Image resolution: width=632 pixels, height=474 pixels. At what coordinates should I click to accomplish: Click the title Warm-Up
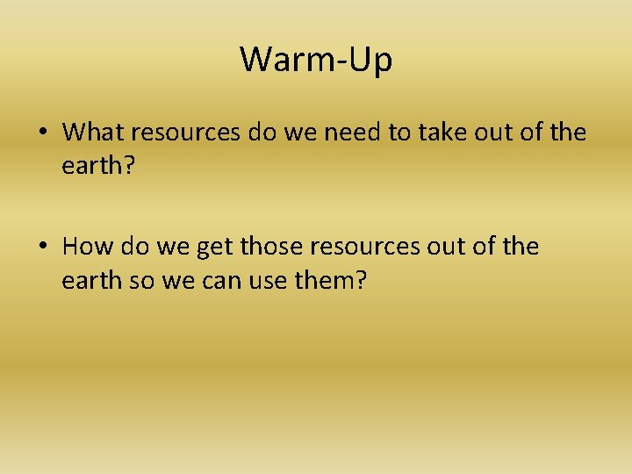click(316, 60)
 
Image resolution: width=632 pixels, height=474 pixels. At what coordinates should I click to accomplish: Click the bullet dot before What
click(42, 133)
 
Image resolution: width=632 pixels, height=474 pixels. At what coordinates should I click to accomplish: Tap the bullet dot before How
click(42, 248)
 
